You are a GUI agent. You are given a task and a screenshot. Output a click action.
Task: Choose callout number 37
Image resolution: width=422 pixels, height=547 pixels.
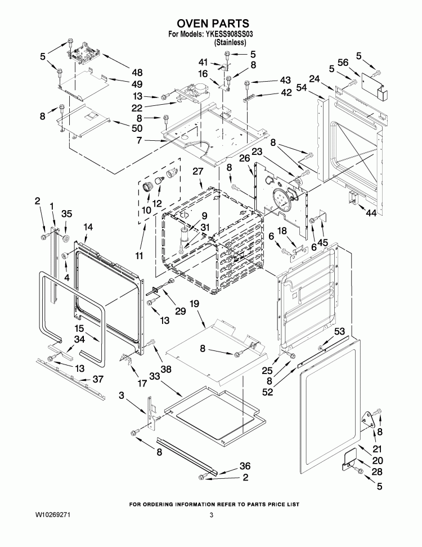point(98,379)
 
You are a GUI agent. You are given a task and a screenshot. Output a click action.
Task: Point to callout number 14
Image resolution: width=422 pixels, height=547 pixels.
point(88,226)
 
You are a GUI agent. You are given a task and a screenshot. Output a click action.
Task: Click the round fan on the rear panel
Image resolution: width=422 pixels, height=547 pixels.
point(280,199)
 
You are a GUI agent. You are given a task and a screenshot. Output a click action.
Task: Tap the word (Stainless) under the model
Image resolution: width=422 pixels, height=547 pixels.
point(230,42)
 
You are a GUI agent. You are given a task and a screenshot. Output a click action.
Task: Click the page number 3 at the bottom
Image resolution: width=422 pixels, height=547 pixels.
point(212,515)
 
